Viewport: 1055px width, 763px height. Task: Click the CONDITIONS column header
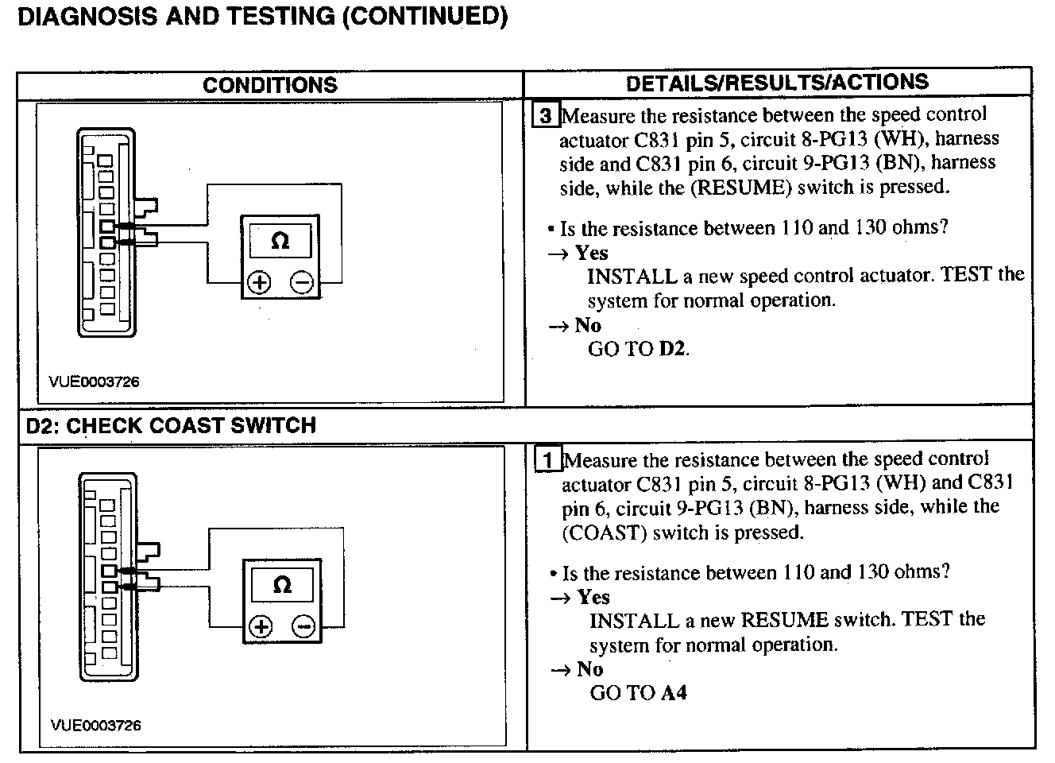270,85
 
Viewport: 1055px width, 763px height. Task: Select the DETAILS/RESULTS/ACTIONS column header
777,83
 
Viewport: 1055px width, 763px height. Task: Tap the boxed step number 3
546,116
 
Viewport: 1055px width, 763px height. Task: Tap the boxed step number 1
548,460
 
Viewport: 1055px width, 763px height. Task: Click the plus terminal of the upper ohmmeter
259,282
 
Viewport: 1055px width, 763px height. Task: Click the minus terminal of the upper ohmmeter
302,282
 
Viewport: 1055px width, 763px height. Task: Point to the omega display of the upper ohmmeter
280,240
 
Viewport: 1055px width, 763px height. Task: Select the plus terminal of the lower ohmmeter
261,627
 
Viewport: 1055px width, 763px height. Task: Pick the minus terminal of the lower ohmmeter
303,627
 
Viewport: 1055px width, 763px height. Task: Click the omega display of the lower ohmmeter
282,586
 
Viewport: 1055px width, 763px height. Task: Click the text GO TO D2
638,349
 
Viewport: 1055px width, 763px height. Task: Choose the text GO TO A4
638,693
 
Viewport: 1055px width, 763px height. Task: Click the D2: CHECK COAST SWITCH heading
171,426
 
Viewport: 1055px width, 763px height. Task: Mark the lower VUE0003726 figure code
96,725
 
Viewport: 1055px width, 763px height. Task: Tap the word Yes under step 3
591,253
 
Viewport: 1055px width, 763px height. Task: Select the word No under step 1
589,669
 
